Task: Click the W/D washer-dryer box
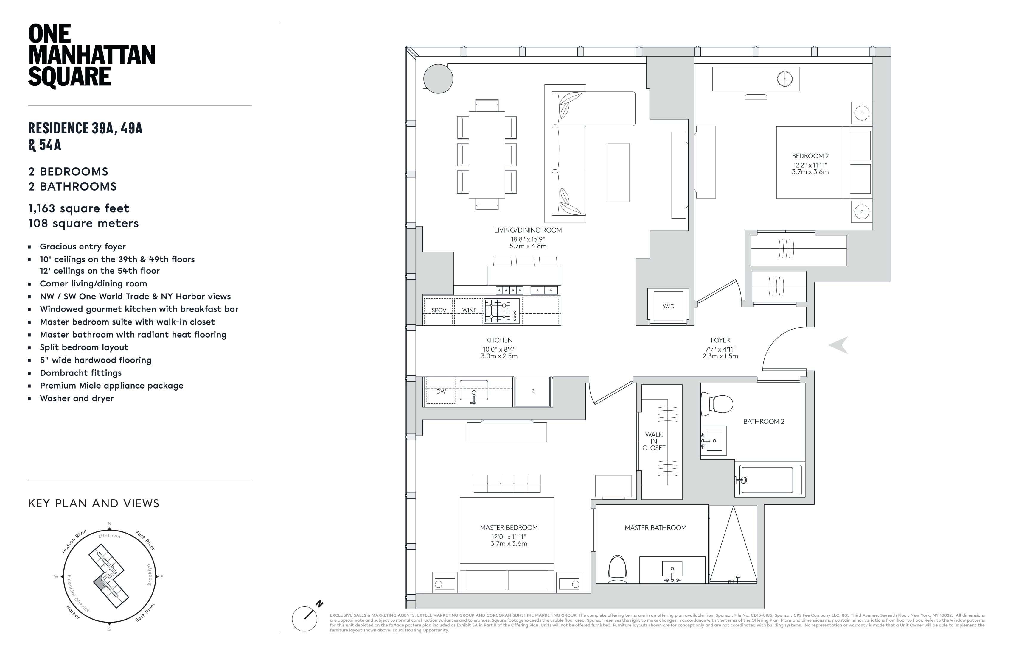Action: pyautogui.click(x=668, y=306)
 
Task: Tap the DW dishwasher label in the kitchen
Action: pyautogui.click(x=441, y=391)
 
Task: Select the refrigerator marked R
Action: pyautogui.click(x=532, y=391)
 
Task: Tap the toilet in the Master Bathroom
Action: pyautogui.click(x=618, y=570)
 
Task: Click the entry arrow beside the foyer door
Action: pyautogui.click(x=838, y=345)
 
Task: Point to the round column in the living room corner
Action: pyautogui.click(x=438, y=79)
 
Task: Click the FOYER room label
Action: pyautogui.click(x=720, y=340)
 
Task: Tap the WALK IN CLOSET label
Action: pyautogui.click(x=654, y=441)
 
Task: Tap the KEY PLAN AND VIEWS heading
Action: pyautogui.click(x=94, y=503)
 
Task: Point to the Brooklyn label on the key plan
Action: pyautogui.click(x=149, y=575)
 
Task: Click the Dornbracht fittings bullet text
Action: pyautogui.click(x=81, y=373)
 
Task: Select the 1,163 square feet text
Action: pyautogui.click(x=79, y=208)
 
